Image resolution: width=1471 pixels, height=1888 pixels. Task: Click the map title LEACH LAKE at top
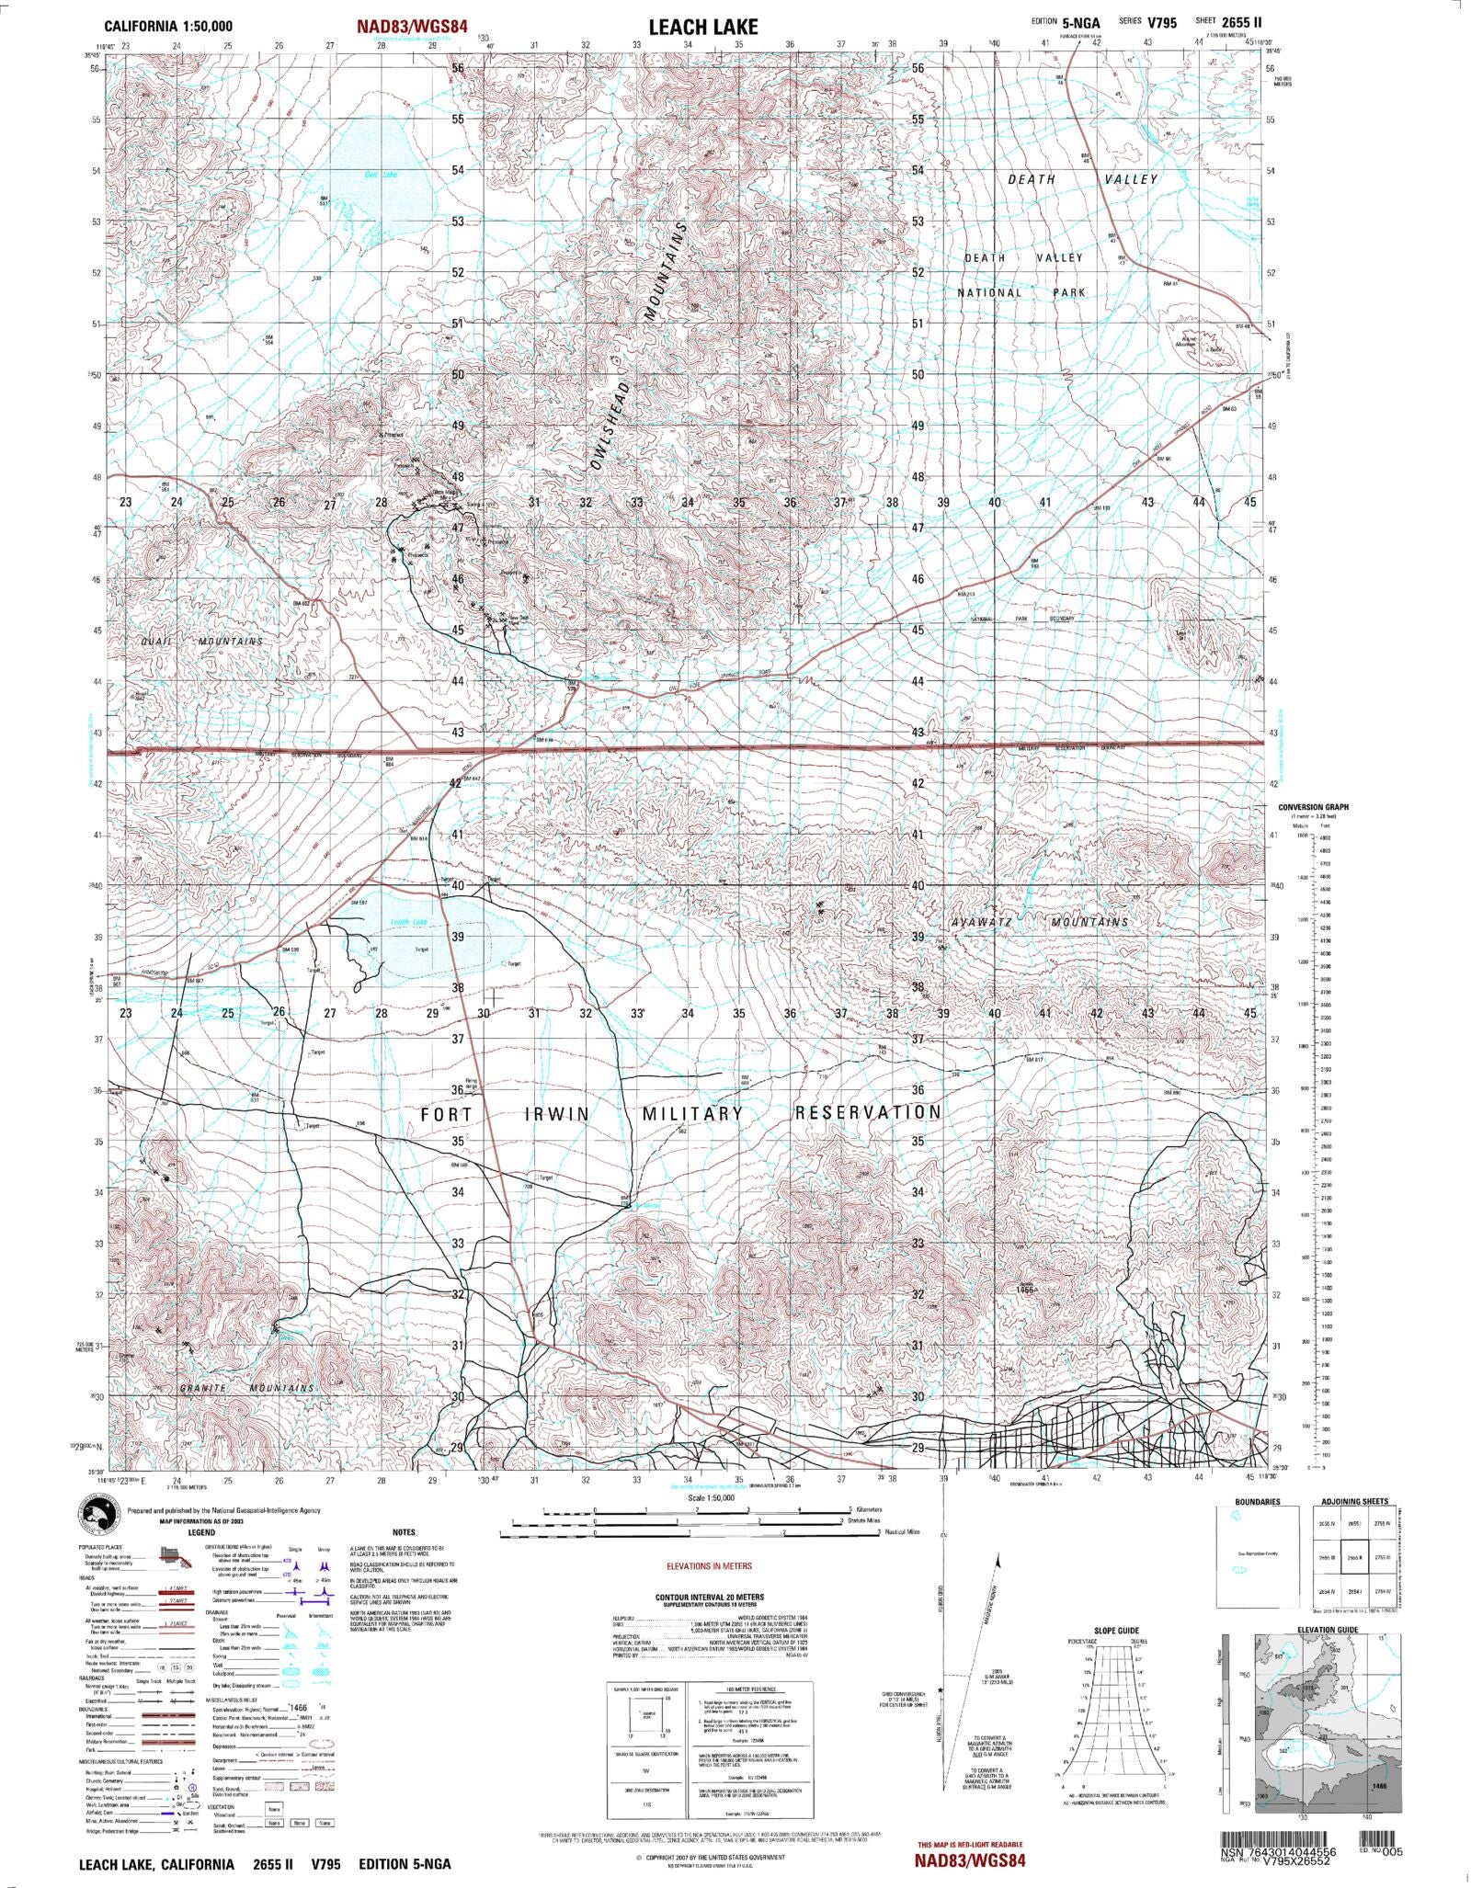703,27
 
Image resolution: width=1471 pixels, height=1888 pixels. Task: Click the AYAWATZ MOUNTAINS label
1038,922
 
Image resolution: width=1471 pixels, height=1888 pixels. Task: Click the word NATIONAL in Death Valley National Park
989,292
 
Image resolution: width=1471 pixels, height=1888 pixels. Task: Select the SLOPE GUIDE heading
1115,1631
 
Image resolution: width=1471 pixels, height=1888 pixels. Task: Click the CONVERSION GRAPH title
1313,807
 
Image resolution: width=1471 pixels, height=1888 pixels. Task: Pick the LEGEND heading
200,1532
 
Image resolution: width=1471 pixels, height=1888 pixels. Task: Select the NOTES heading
404,1532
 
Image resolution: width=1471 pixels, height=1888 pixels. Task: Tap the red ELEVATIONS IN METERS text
709,1566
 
